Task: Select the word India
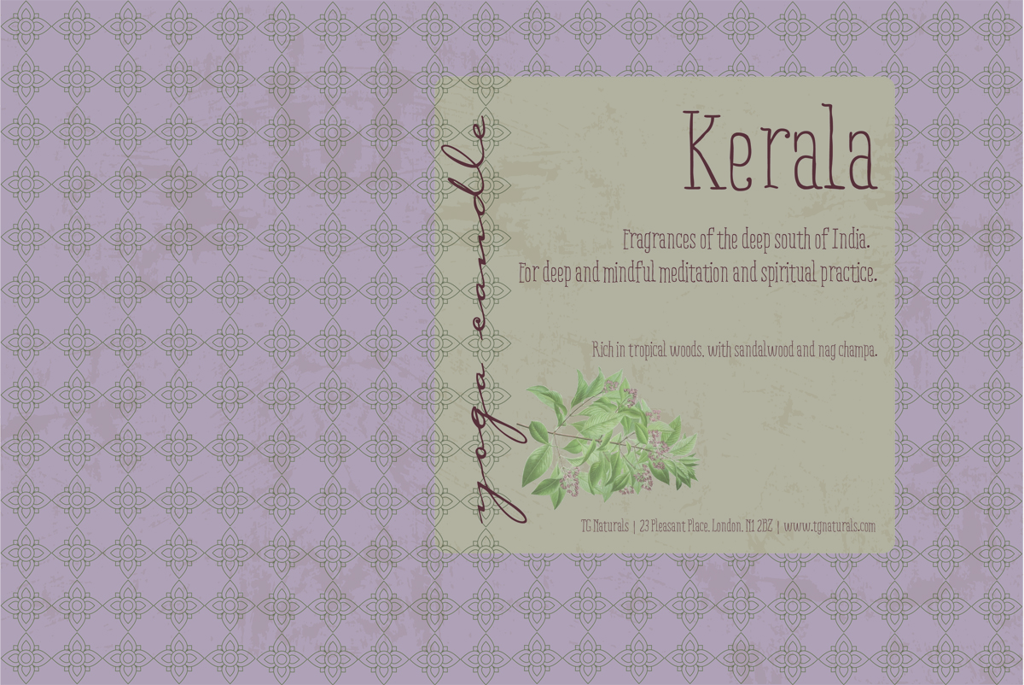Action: (x=850, y=242)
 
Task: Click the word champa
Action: (x=852, y=349)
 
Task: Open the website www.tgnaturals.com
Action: (x=829, y=526)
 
